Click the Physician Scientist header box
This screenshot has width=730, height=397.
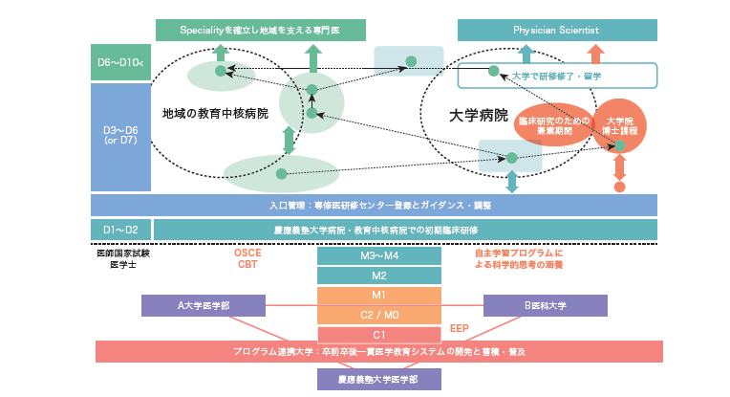tap(558, 30)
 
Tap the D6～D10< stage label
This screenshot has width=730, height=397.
tap(120, 63)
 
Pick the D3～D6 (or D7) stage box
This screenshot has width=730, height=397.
tap(120, 136)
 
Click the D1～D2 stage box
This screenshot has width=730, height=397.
tap(120, 230)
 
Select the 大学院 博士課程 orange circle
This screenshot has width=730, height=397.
tap(619, 126)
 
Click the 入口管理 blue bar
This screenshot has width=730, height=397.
tap(375, 205)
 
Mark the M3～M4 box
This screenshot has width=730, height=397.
tap(379, 256)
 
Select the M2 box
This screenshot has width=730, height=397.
tap(379, 276)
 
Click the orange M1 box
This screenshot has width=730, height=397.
tap(379, 296)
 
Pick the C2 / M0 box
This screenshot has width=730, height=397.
tap(379, 315)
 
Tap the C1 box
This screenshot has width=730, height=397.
tap(379, 334)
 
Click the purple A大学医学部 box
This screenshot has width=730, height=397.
tap(204, 305)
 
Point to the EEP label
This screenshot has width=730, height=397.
tap(459, 327)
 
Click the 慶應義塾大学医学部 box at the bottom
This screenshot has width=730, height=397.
tap(379, 380)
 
